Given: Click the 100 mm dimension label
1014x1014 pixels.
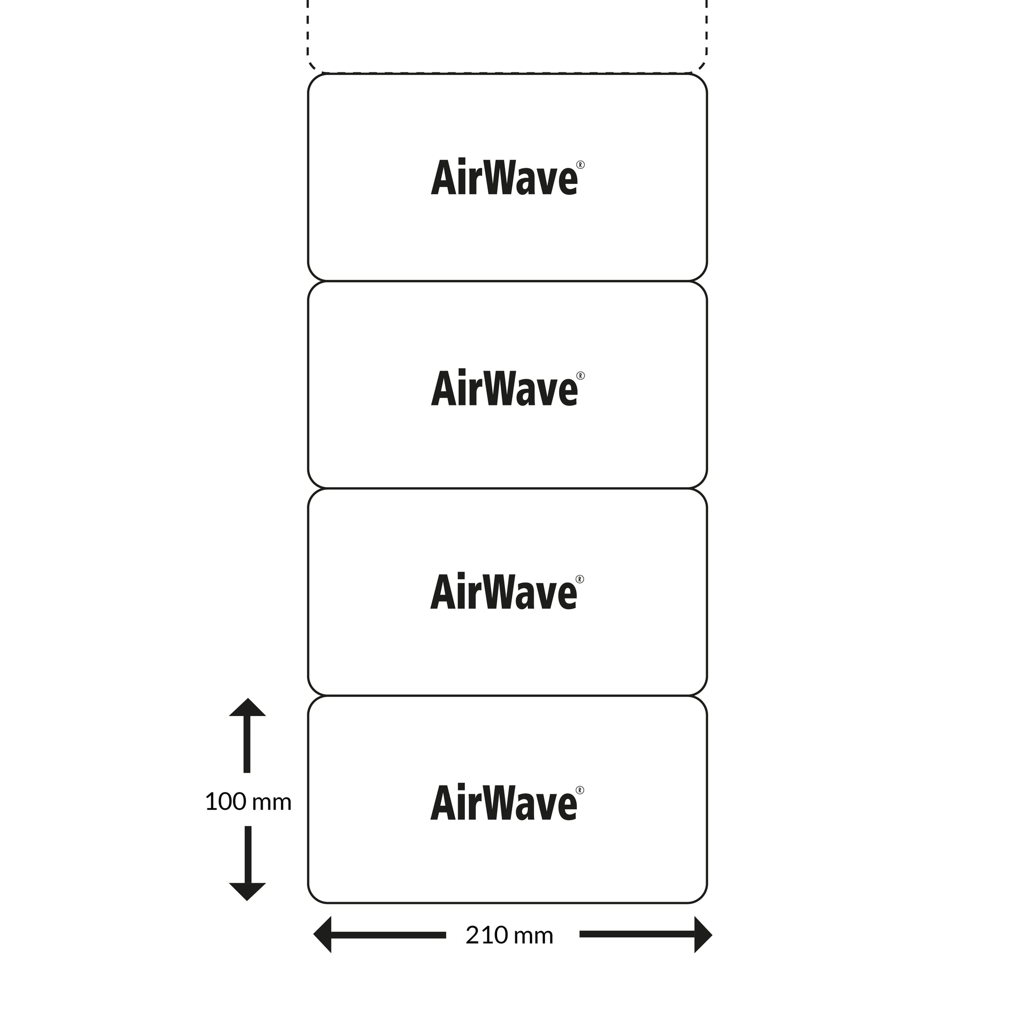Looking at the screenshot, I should [x=248, y=802].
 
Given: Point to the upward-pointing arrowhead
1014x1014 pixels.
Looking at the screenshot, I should [x=247, y=709].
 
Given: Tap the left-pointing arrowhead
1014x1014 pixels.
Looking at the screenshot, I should [x=323, y=935].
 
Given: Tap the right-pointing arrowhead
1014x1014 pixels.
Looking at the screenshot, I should [x=703, y=935].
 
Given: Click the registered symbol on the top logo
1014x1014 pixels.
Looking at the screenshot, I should [x=580, y=165].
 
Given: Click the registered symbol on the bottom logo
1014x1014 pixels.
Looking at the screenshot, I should [x=580, y=790].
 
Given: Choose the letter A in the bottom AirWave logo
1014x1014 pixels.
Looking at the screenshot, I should [x=443, y=803].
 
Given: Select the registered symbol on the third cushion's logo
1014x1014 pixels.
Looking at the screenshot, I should [x=580, y=579].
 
